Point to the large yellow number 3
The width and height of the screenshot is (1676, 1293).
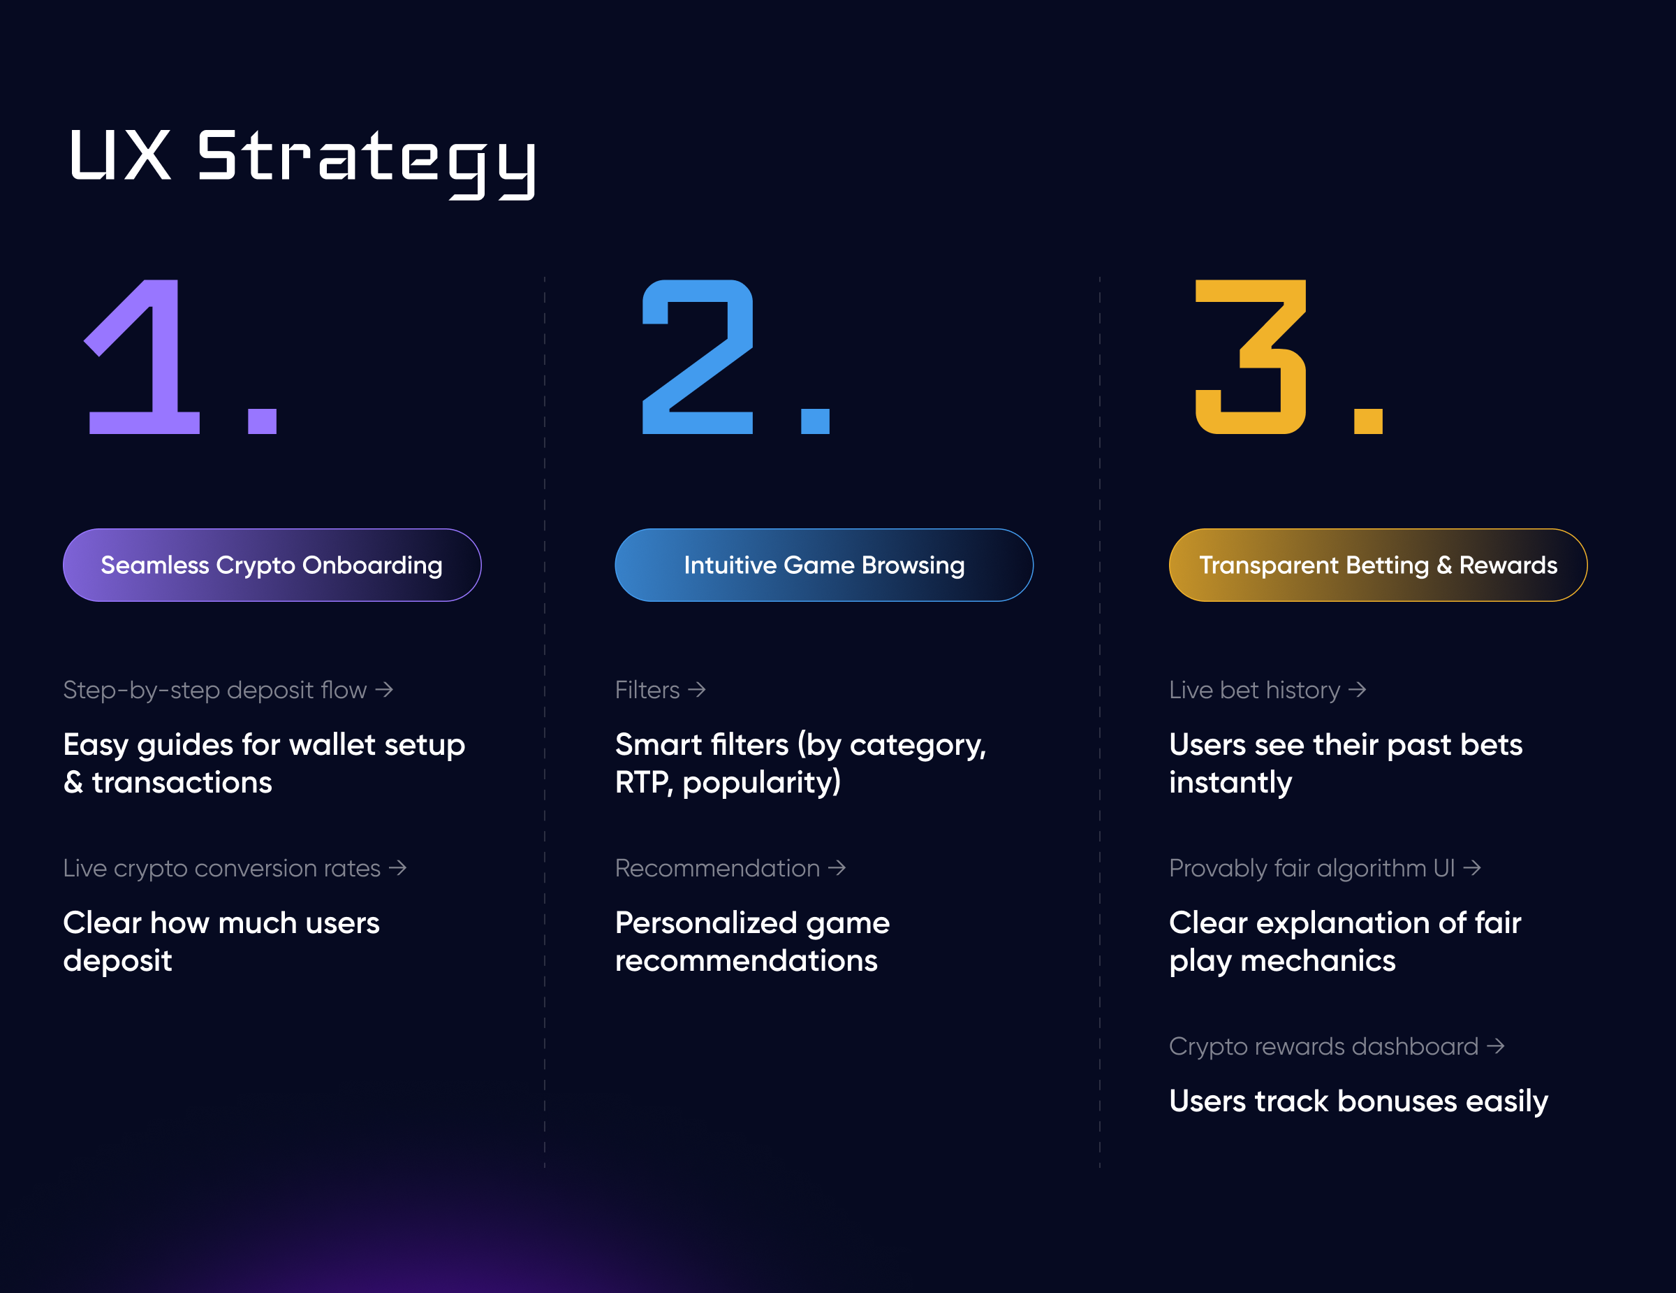click(1251, 356)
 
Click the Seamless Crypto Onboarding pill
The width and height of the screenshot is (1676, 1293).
click(272, 565)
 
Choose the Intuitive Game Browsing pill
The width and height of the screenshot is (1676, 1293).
click(824, 565)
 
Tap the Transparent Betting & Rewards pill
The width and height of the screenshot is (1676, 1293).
click(1379, 565)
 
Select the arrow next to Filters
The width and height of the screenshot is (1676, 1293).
click(697, 691)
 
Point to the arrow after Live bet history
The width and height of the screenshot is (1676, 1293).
click(1358, 691)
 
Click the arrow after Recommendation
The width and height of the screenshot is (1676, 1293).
click(837, 868)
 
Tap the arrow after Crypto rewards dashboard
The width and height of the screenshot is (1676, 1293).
click(1496, 1046)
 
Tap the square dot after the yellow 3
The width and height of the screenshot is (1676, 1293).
click(1368, 421)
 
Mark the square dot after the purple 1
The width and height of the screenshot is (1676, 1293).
click(263, 421)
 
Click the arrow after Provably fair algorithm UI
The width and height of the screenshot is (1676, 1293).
click(1472, 868)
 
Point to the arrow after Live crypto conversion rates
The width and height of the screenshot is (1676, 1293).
click(397, 868)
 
